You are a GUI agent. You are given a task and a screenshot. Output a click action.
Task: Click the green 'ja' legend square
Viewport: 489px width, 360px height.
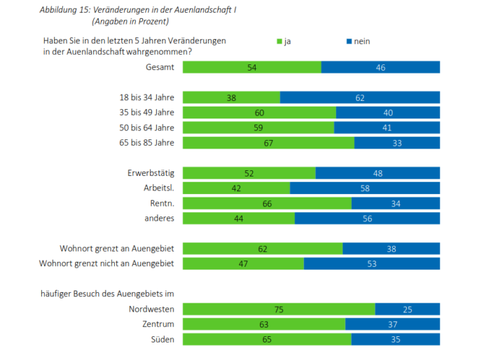tap(280, 42)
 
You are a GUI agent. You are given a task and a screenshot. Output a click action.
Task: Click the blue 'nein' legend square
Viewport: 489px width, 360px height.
tap(348, 42)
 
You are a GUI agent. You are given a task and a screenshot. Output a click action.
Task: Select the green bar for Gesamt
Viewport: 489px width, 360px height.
tap(252, 67)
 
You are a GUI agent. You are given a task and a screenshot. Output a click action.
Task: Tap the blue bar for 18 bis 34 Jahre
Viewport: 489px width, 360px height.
tap(359, 97)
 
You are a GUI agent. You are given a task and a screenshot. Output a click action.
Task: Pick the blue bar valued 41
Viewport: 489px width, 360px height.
tap(387, 127)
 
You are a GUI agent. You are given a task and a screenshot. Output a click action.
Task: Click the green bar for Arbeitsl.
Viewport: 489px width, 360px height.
tap(236, 188)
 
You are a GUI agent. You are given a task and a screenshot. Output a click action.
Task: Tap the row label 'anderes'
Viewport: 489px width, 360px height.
tap(160, 219)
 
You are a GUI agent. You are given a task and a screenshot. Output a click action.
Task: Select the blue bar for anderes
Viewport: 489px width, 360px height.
tap(367, 219)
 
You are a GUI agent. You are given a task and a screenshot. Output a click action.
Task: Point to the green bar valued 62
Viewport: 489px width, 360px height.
tap(263, 249)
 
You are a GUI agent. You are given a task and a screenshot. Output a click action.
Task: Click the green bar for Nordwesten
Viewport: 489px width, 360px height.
tap(279, 309)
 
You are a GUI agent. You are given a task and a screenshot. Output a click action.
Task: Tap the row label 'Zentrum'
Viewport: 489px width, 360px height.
tap(158, 324)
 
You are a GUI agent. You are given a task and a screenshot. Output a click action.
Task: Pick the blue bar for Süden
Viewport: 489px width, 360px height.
tap(395, 339)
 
